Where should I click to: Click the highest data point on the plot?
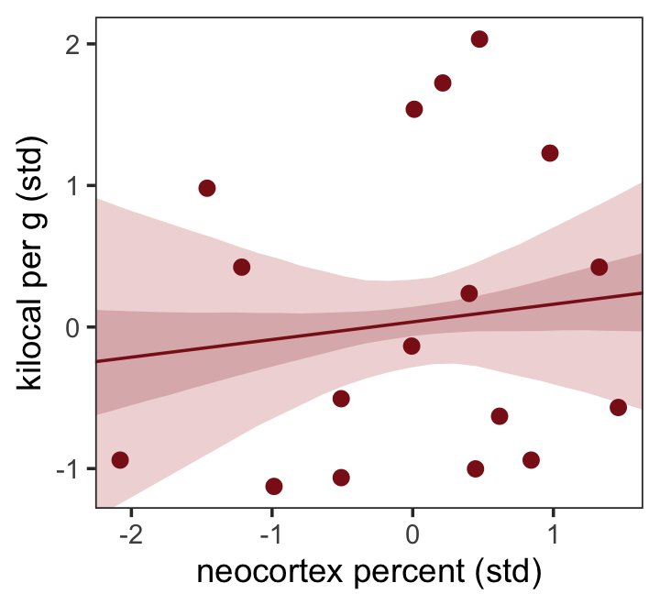click(x=478, y=39)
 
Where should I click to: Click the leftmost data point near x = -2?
click(x=119, y=460)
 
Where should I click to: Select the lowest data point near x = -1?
click(x=273, y=486)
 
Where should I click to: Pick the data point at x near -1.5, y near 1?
click(x=207, y=188)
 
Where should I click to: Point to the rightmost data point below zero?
click(x=618, y=407)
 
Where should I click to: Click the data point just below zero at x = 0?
click(x=412, y=346)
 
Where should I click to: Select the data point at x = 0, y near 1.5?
click(x=413, y=109)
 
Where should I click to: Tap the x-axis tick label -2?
click(x=130, y=533)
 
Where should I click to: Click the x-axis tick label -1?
click(x=271, y=533)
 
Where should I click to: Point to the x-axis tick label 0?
click(x=412, y=533)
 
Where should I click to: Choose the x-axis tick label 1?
click(x=553, y=533)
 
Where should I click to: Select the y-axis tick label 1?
click(x=75, y=186)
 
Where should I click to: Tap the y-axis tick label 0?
click(x=75, y=327)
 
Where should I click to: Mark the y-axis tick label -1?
click(x=71, y=468)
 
